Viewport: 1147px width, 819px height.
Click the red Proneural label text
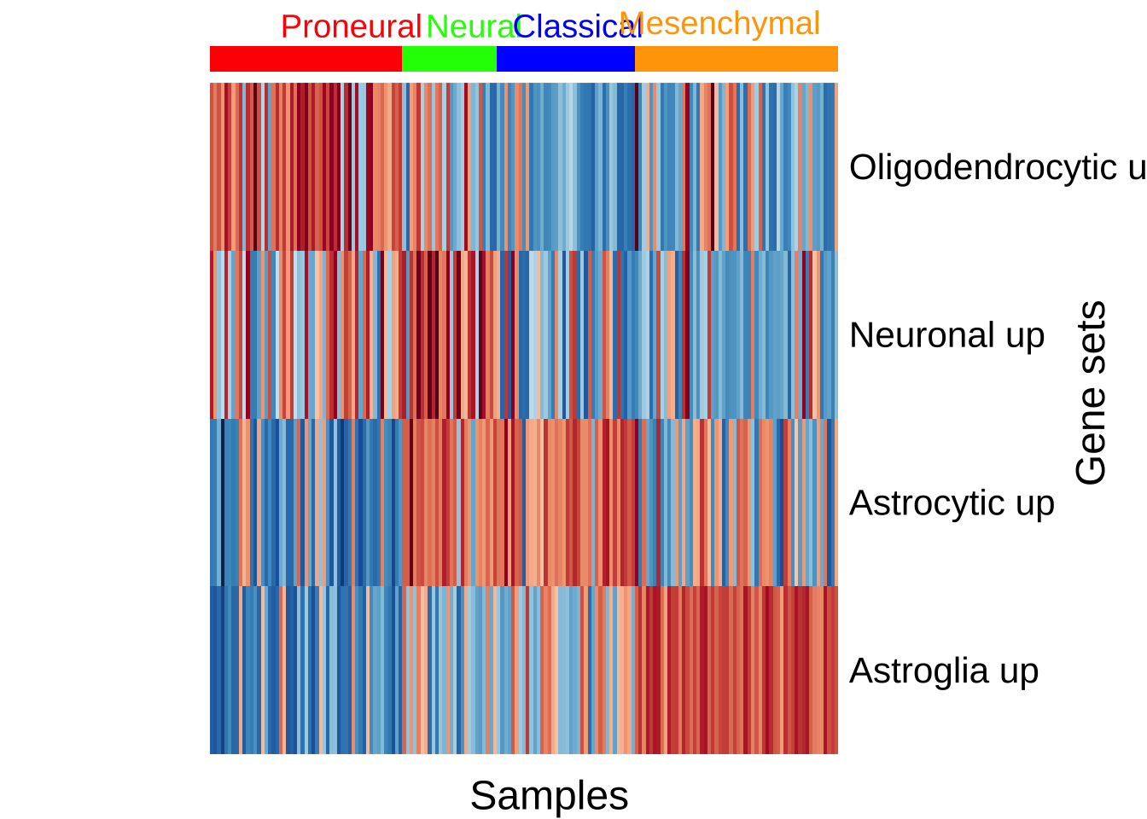tap(351, 27)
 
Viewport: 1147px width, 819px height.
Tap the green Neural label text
tap(469, 27)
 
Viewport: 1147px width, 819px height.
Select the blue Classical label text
tap(577, 27)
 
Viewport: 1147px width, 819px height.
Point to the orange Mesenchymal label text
tap(719, 24)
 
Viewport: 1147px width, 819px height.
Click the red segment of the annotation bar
tap(306, 59)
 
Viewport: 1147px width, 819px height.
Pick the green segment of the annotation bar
tap(449, 59)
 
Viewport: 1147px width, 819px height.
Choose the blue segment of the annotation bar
tap(565, 59)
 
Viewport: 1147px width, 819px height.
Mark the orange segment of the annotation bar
tap(736, 59)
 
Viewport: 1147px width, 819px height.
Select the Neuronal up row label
tap(946, 335)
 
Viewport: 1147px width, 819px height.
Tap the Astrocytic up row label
tap(952, 503)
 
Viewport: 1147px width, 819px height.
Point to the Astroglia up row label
tap(944, 671)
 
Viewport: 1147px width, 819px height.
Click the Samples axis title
tap(549, 796)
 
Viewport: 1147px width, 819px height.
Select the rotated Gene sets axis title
tap(1092, 392)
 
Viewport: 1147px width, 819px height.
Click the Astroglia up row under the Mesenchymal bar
tap(736, 671)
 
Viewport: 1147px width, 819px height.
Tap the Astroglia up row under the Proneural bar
tap(306, 671)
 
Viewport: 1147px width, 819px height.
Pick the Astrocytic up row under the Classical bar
tap(565, 502)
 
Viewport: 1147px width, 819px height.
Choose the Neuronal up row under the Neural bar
tap(449, 334)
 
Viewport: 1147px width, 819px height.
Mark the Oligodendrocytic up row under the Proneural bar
tap(306, 166)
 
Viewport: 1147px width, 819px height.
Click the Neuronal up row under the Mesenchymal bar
tap(736, 334)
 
